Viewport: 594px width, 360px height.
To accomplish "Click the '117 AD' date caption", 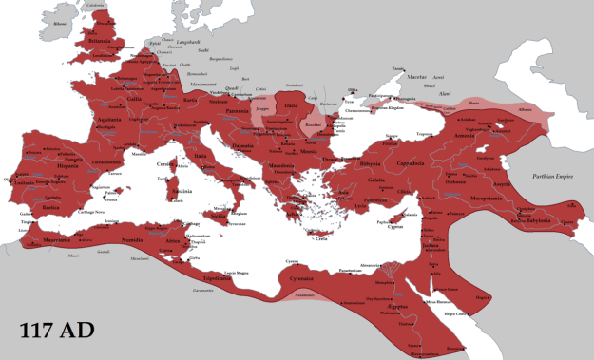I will click(60, 332).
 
